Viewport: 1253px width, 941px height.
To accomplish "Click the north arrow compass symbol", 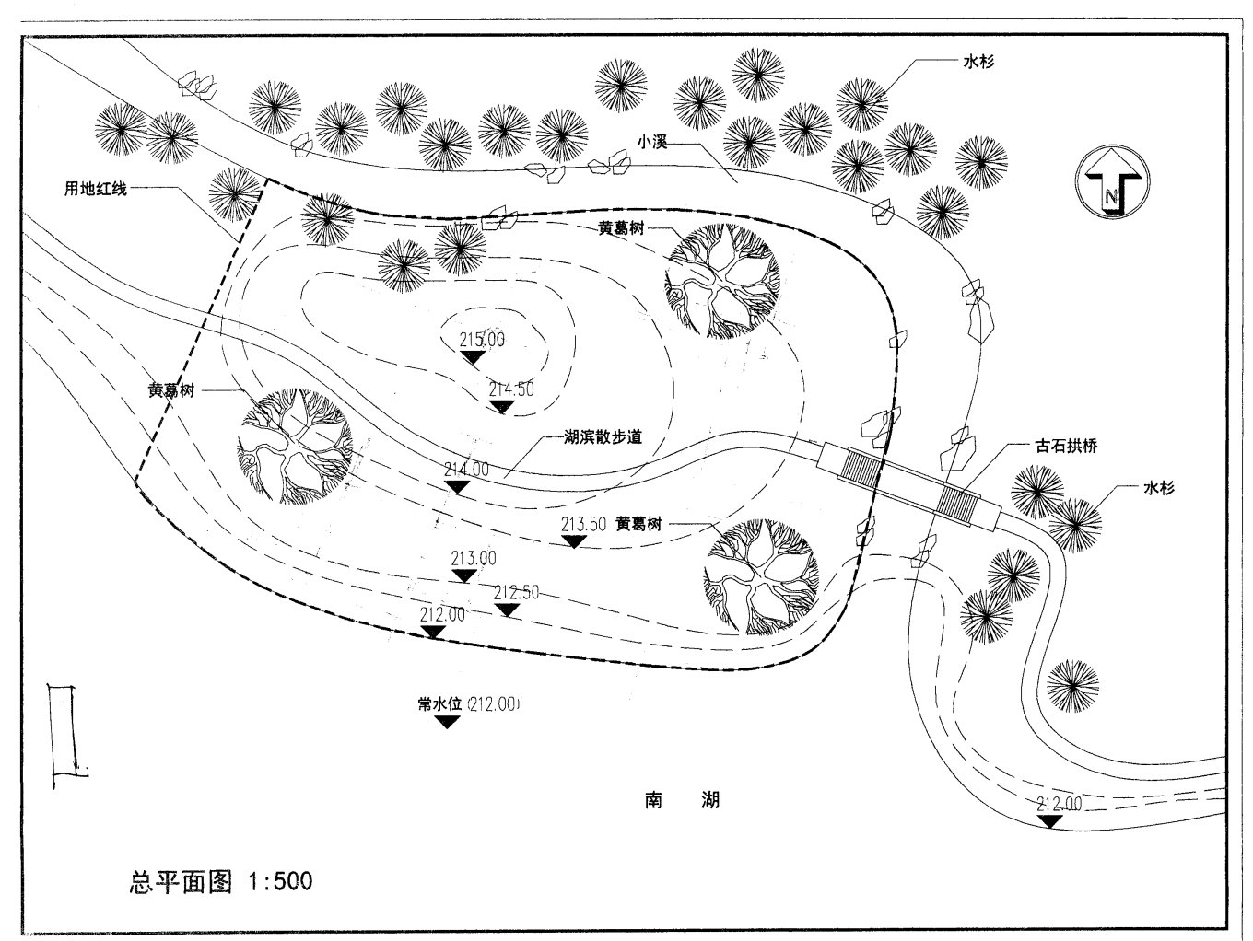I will tap(1110, 181).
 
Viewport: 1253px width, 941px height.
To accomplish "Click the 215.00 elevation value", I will tap(482, 339).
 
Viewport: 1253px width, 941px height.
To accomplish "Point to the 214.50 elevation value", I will tap(511, 389).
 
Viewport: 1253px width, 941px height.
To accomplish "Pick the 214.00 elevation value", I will tap(466, 469).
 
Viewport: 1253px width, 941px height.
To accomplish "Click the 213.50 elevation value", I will tap(583, 525).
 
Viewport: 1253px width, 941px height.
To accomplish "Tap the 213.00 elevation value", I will tap(474, 558).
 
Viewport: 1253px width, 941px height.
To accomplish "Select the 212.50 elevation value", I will tap(516, 592).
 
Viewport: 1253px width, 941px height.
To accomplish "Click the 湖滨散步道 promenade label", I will tap(603, 437).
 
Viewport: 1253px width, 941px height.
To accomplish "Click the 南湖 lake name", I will tap(682, 799).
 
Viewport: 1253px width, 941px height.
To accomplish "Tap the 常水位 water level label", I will tap(439, 704).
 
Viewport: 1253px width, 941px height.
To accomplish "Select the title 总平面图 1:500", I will tap(220, 881).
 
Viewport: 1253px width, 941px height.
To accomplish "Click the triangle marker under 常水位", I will tap(447, 722).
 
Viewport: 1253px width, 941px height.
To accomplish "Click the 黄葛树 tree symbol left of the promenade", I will tap(295, 446).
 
